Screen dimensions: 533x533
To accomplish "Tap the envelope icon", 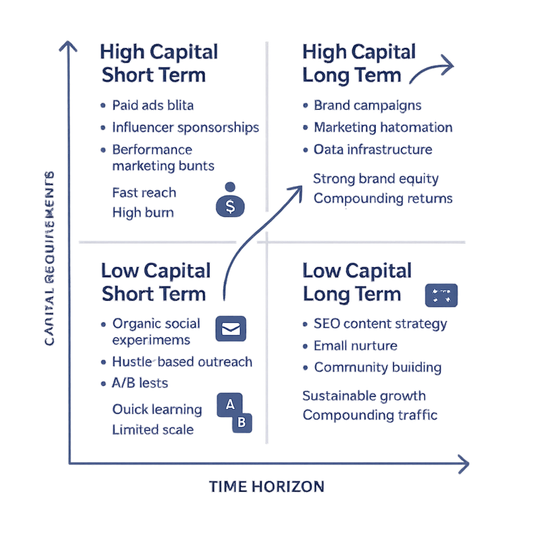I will click(x=231, y=329).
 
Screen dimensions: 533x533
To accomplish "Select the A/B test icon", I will click(x=234, y=412).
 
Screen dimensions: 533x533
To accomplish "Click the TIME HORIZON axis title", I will click(x=266, y=487).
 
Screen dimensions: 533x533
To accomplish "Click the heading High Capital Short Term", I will click(x=158, y=64).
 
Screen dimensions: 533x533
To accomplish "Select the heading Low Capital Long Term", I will click(x=357, y=282).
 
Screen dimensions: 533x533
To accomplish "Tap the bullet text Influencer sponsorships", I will click(x=185, y=128).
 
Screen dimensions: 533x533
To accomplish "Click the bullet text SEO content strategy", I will click(x=380, y=324).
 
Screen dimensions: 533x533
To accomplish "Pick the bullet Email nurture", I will click(x=356, y=346).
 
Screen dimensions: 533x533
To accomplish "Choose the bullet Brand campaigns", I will click(x=367, y=105).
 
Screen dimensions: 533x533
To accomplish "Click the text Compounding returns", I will click(x=383, y=199).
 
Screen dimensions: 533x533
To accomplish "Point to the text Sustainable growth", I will click(x=364, y=396).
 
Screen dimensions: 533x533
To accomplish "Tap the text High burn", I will click(x=143, y=212).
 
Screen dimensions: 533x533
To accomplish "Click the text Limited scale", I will click(x=153, y=430).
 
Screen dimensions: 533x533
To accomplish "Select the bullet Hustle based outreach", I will click(x=182, y=362).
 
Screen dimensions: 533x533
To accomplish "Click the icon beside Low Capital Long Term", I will click(x=441, y=295).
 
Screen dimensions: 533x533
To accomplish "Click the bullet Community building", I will click(x=377, y=367).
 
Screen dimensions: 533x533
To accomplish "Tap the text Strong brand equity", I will click(x=376, y=179).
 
